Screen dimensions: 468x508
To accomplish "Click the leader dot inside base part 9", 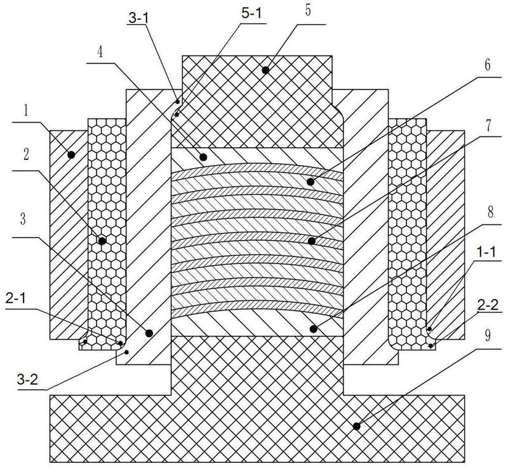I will (356, 425).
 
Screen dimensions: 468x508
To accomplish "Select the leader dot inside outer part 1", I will (71, 154).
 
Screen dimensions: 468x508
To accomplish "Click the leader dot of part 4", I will (204, 156).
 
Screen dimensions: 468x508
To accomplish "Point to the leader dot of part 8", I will (312, 328).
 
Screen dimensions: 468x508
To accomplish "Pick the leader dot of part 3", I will (149, 332).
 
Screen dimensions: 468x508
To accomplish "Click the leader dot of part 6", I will (311, 182).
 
